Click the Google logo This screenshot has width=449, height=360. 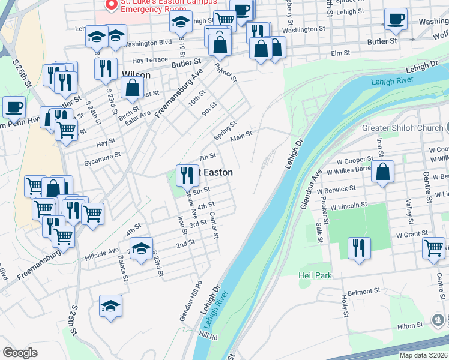[x=20, y=353]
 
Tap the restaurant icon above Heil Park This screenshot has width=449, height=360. [x=359, y=247]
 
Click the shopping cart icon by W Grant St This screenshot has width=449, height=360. [x=433, y=247]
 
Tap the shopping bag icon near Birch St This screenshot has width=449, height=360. [x=132, y=88]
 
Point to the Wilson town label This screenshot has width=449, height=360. [x=136, y=75]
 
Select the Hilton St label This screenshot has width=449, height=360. [x=410, y=326]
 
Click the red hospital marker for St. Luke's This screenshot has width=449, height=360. [x=110, y=5]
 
